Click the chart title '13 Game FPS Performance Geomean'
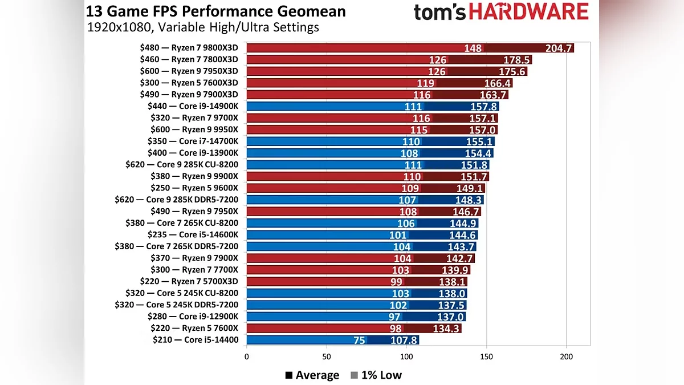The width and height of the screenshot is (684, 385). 216,11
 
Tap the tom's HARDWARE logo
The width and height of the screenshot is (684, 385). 501,12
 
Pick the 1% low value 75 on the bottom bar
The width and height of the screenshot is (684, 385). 359,341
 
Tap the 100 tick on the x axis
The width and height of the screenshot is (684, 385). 406,358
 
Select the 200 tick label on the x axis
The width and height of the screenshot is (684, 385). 567,358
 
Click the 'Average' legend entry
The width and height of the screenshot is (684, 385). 312,375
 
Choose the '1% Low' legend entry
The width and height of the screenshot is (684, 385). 376,375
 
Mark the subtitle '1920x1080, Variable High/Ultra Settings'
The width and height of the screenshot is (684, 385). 203,27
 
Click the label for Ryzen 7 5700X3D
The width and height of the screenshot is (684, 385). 189,281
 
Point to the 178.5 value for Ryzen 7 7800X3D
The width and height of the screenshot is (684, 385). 517,60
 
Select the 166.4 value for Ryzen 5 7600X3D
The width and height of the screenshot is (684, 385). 497,83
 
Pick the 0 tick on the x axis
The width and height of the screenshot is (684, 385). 246,358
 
